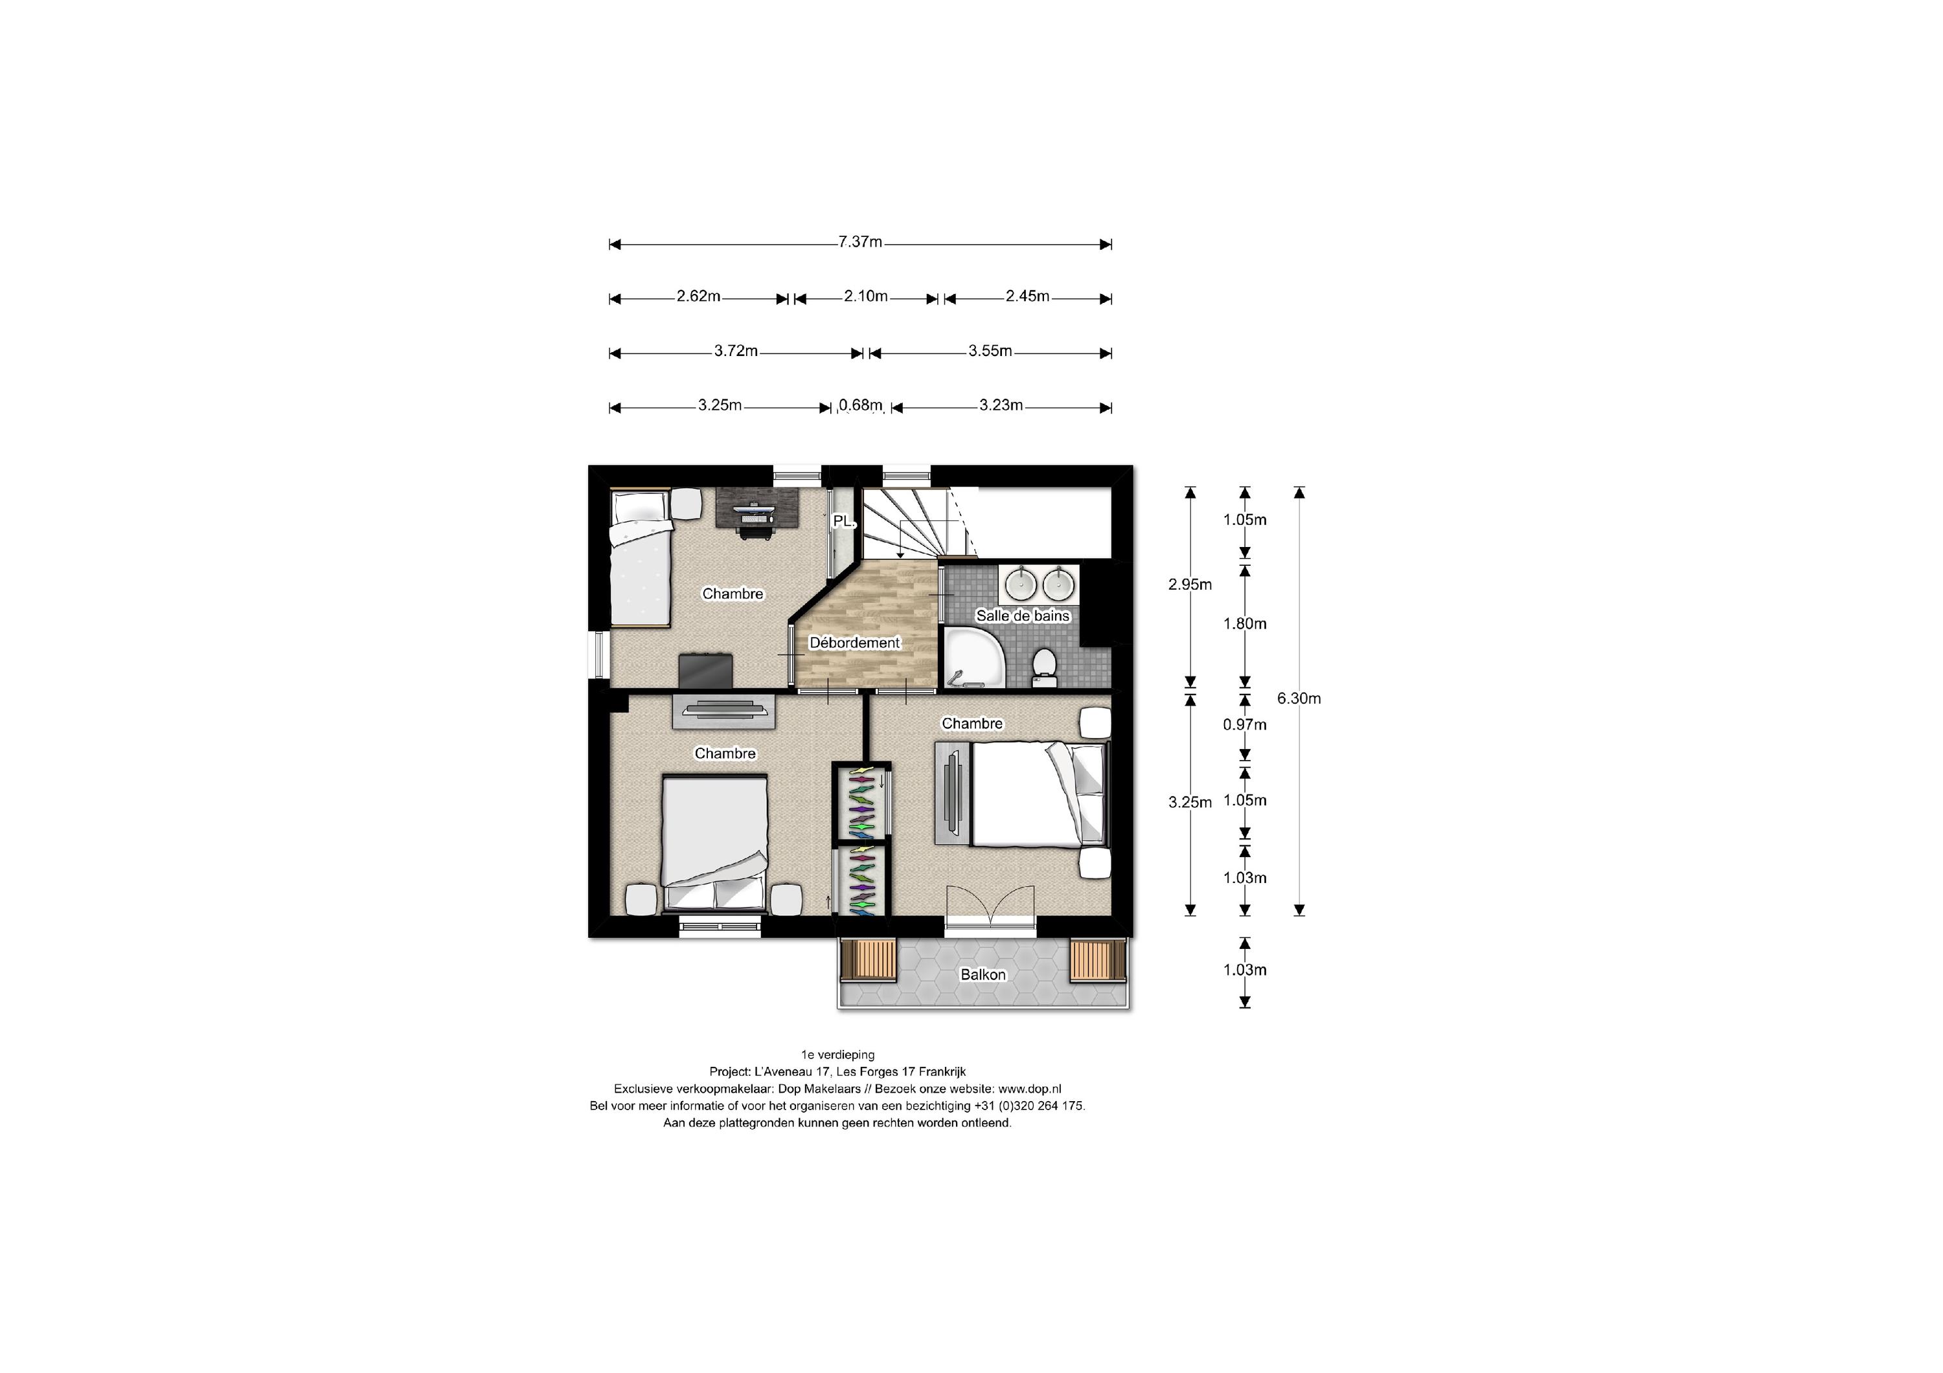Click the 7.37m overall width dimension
860,243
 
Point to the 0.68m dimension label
861,406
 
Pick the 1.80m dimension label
1244,624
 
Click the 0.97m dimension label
1244,725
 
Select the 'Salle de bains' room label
1022,616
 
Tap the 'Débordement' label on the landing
855,643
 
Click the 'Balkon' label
983,974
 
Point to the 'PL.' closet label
843,522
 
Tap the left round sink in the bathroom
1021,581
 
